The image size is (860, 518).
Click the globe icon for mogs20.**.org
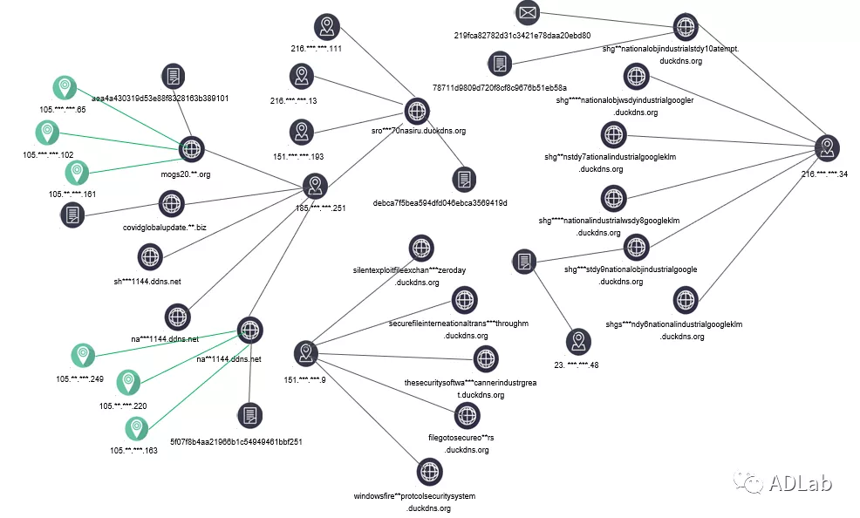[x=191, y=149]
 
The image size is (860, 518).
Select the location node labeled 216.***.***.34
[x=828, y=148]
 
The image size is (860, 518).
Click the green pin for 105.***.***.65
[x=64, y=87]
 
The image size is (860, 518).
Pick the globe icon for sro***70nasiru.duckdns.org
[x=418, y=111]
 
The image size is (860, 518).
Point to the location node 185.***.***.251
[x=315, y=186]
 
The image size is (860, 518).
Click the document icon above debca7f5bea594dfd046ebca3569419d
[x=464, y=181]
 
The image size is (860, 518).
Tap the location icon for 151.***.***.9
[x=306, y=353]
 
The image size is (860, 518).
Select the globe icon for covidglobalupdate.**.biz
[x=171, y=204]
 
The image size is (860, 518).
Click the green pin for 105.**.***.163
[x=135, y=428]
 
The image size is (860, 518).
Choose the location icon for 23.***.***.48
[x=577, y=341]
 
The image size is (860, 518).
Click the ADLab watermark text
[x=800, y=482]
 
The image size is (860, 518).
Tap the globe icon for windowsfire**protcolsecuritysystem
[x=429, y=471]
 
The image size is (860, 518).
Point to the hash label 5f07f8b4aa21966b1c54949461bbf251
[x=235, y=442]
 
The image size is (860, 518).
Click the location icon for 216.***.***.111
[x=326, y=25]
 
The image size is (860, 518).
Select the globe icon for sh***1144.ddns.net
[x=151, y=256]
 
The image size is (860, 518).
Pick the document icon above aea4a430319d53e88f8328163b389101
[x=174, y=76]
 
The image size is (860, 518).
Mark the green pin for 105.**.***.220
[x=129, y=381]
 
